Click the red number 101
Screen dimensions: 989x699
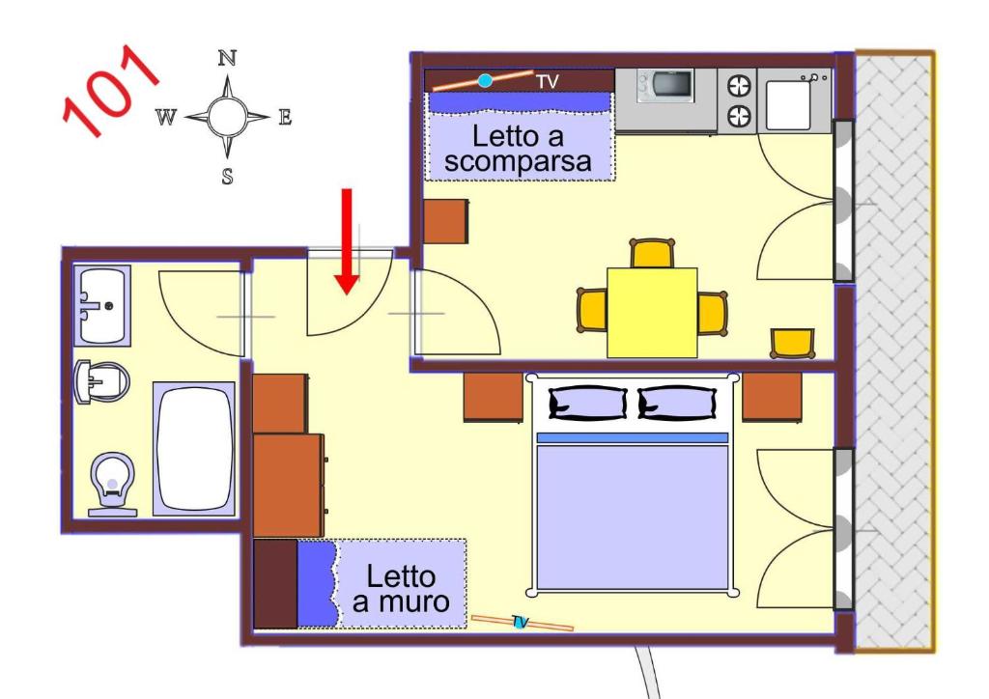click(x=110, y=91)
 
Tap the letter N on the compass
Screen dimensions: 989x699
click(x=227, y=59)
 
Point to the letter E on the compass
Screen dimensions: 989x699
click(x=285, y=117)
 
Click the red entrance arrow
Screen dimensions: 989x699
click(x=347, y=241)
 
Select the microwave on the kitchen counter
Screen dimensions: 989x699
click(x=665, y=85)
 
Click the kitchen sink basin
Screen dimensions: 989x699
click(x=788, y=104)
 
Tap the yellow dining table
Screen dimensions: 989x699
click(x=652, y=313)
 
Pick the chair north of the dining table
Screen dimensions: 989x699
click(x=652, y=253)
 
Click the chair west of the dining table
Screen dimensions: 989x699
click(x=592, y=310)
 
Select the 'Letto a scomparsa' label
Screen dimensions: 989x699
click(x=518, y=149)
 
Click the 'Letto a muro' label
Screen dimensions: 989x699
click(x=401, y=589)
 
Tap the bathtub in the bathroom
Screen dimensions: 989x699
click(x=193, y=449)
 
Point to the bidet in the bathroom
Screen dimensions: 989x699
click(x=100, y=381)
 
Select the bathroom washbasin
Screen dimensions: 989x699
click(x=102, y=306)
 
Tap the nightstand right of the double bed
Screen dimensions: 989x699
click(x=772, y=397)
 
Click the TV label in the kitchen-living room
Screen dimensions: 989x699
click(x=548, y=82)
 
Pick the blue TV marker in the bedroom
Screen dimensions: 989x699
click(x=519, y=623)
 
